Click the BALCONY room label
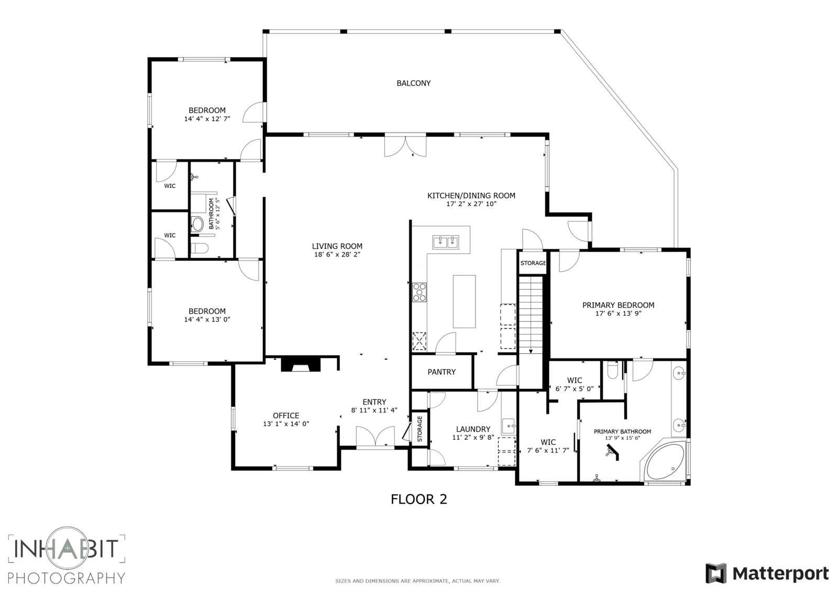coord(413,83)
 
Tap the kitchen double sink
coord(446,242)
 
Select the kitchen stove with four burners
coord(419,292)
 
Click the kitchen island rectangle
coord(464,301)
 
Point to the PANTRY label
coord(442,372)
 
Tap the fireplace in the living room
coord(301,364)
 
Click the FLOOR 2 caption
coord(418,499)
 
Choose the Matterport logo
coord(767,573)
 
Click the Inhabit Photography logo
coord(67,555)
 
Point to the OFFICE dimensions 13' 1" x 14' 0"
coord(286,423)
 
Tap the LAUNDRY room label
coord(473,429)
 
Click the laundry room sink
coord(509,426)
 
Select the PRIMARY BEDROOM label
coord(618,305)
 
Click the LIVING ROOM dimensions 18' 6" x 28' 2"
coord(337,254)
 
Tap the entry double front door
coord(375,437)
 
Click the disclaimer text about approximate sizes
coord(417,581)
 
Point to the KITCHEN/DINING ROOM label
coord(471,195)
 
